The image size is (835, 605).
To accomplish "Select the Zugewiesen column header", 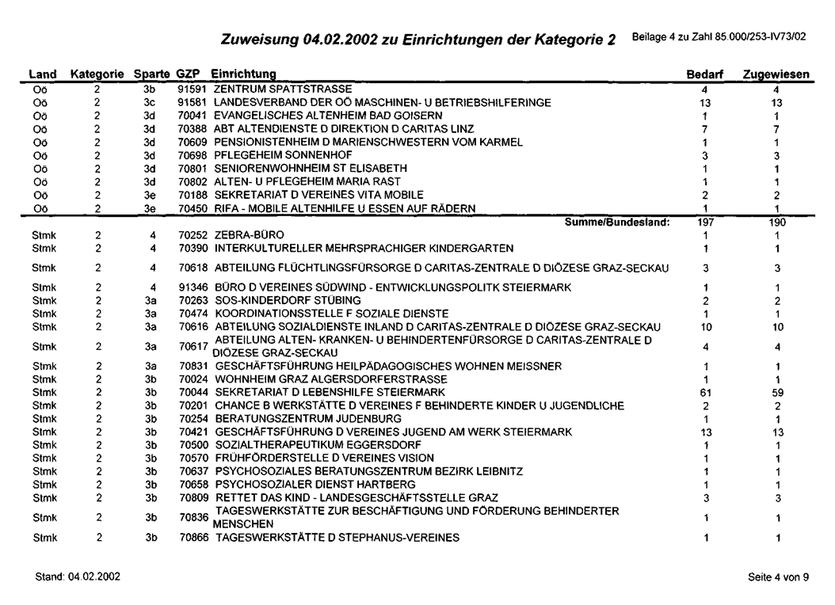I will click(x=776, y=74).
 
